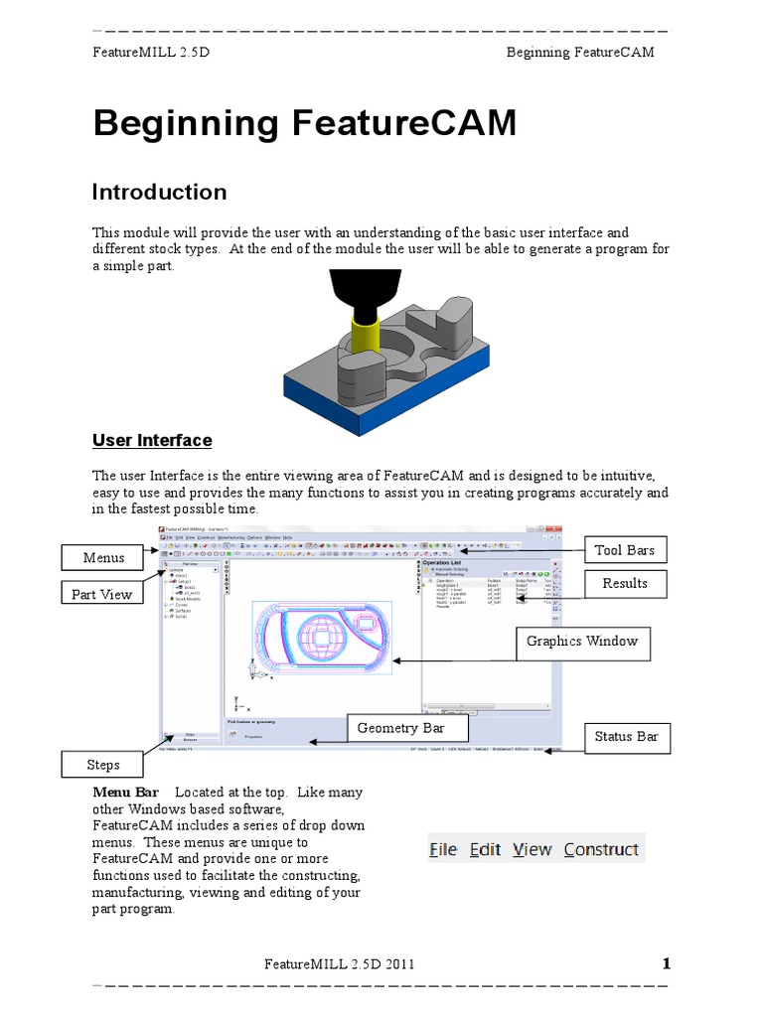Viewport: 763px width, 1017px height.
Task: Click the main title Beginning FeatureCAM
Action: pos(305,124)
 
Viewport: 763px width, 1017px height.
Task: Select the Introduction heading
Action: pos(159,192)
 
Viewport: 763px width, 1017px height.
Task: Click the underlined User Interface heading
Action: pos(152,440)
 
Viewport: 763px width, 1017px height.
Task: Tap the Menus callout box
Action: pos(104,558)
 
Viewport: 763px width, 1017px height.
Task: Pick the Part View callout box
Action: pos(102,595)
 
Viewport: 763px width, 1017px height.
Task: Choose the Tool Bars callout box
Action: pos(625,550)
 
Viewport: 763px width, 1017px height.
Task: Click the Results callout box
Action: pos(625,584)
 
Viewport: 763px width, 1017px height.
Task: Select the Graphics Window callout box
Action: pos(582,642)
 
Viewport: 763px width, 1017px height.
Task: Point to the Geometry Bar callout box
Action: pos(400,728)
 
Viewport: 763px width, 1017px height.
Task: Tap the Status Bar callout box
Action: pos(626,737)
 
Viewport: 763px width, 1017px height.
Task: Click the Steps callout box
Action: pos(103,765)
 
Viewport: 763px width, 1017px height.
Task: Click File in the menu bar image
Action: pos(443,849)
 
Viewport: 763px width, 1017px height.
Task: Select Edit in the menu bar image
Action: pos(485,849)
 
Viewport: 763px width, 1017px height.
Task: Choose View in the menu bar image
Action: pos(532,849)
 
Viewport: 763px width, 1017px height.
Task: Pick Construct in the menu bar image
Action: pos(601,849)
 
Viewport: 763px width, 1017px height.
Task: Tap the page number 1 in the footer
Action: pos(667,963)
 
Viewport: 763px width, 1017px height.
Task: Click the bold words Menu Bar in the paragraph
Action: pos(125,793)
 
